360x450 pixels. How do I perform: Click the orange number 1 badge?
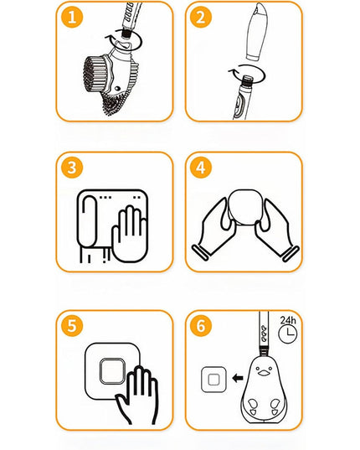click(72, 17)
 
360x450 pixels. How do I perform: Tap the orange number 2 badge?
click(201, 17)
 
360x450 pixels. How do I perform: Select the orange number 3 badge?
click(72, 168)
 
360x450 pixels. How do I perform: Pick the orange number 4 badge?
click(201, 168)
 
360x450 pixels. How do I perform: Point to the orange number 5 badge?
click(72, 326)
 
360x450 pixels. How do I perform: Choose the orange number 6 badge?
click(201, 326)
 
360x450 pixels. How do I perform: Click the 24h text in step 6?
click(288, 320)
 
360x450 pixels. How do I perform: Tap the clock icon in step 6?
click(288, 334)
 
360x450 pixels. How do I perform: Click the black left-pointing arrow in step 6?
click(238, 378)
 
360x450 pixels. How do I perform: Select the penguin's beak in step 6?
click(265, 373)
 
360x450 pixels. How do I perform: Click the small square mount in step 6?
click(213, 380)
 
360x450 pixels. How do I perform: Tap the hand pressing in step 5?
click(138, 396)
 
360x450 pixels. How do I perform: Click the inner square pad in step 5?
click(112, 371)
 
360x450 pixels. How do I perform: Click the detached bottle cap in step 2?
click(257, 32)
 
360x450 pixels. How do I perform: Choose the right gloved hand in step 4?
click(275, 230)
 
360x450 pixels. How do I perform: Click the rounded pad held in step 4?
click(244, 207)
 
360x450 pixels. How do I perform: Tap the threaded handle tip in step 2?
click(246, 80)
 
